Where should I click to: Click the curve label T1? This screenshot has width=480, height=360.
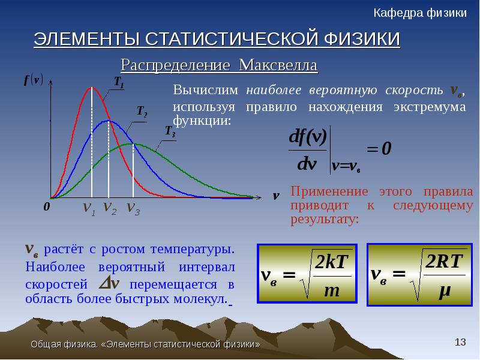click(119, 82)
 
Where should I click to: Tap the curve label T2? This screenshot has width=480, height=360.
click(142, 111)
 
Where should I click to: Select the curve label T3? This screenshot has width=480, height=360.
click(170, 131)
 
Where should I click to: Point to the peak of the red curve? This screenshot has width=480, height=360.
click(92, 88)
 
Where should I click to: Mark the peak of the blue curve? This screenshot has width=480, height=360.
click(109, 121)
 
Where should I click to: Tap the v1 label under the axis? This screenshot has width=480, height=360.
click(89, 208)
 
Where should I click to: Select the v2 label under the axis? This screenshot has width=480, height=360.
click(110, 208)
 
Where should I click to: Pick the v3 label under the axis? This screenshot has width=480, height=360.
click(133, 208)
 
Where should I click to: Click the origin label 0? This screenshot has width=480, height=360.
click(47, 206)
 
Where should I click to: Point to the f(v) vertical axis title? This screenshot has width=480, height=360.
click(34, 80)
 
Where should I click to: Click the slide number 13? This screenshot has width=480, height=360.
click(460, 342)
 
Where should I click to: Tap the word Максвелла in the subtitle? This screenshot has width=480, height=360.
click(278, 65)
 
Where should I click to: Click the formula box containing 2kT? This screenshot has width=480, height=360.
click(307, 274)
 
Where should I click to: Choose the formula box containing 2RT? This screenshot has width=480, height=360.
click(419, 275)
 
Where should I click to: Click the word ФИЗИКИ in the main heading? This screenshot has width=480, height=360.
click(362, 39)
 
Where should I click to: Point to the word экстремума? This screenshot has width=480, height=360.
click(430, 107)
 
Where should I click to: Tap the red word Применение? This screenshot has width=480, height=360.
click(329, 191)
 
